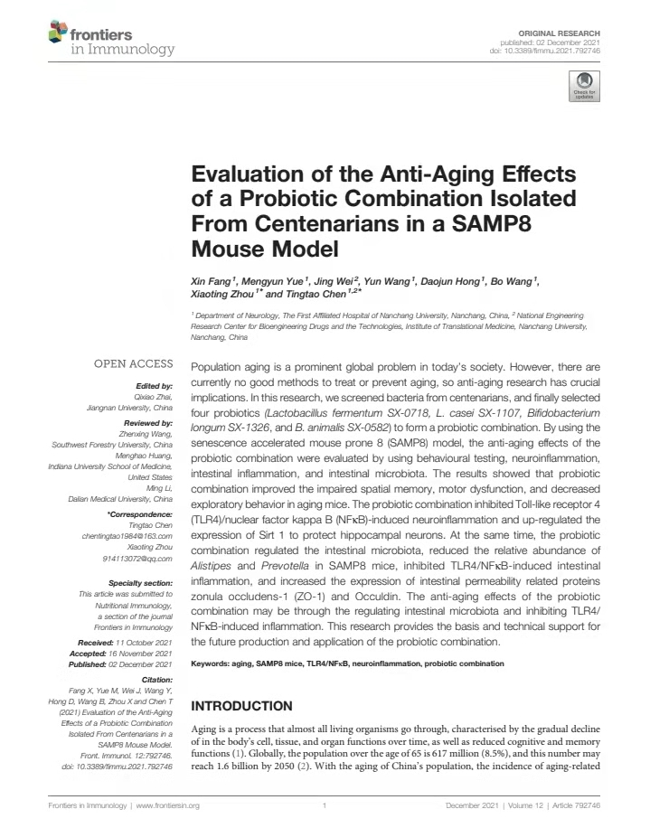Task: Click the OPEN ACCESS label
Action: tap(134, 364)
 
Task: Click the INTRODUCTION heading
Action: tap(242, 705)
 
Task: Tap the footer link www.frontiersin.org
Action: tap(167, 804)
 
